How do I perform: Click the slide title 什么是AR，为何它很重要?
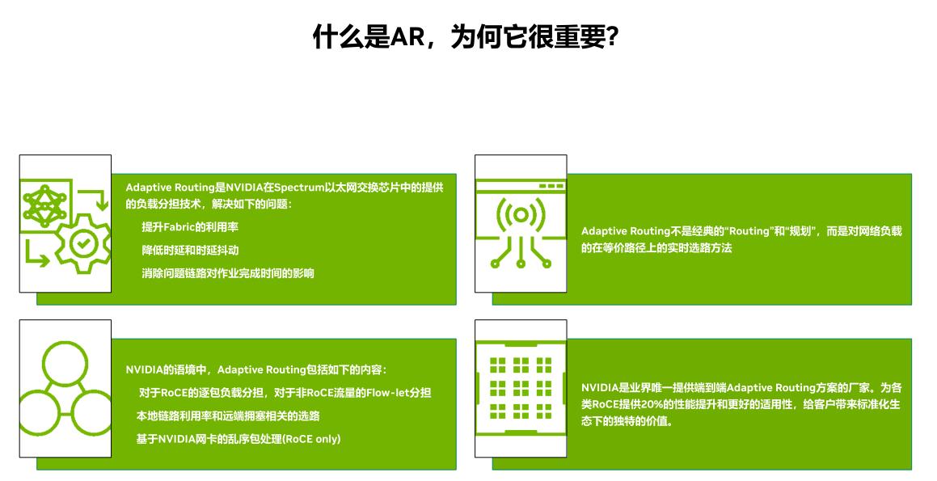[466, 36]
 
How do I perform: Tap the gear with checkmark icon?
[83, 243]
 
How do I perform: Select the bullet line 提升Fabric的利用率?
[190, 227]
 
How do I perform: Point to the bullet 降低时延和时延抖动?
[190, 251]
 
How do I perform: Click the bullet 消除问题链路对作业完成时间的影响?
[228, 274]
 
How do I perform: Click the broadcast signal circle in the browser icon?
[521, 214]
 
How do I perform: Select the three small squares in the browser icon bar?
[551, 186]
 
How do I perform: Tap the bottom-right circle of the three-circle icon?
[92, 412]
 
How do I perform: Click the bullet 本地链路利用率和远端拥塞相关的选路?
[228, 416]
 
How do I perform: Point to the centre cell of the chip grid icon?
[521, 388]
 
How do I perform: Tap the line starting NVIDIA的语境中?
[256, 370]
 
